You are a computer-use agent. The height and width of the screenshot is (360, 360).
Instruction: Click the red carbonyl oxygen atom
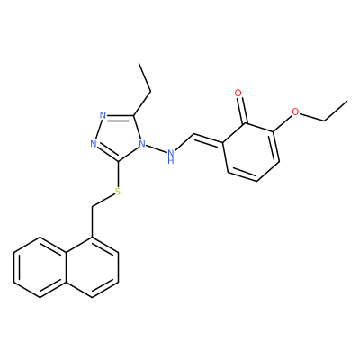point(238,93)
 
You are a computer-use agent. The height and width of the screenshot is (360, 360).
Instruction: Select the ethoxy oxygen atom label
point(295,112)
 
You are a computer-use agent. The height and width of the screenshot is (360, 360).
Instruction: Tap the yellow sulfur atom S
point(118,192)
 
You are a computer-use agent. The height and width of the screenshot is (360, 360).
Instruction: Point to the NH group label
point(171,157)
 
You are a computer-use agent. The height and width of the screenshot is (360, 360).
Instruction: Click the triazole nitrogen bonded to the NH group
point(142,144)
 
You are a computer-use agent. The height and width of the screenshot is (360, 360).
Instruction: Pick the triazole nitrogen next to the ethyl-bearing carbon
point(103,115)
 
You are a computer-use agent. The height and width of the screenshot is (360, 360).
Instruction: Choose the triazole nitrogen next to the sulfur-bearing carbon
point(94,144)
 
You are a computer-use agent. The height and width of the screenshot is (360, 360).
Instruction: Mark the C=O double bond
point(242,110)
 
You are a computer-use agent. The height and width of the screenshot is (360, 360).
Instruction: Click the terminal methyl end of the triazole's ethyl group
point(139,64)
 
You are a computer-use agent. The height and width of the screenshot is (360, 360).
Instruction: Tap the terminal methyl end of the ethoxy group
point(346,102)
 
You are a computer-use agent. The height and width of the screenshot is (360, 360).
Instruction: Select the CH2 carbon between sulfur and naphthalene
point(92,207)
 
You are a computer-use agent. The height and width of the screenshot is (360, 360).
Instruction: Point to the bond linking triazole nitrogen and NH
point(157,149)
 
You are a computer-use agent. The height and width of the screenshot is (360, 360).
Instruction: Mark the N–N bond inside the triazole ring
point(98,130)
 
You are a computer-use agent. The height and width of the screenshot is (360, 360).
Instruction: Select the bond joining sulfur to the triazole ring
point(118,174)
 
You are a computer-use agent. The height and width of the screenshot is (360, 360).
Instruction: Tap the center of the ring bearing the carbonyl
point(250,152)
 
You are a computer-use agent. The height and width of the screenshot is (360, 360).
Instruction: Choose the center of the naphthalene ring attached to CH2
point(92,267)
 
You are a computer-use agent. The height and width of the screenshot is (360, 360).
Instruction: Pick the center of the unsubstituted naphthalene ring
point(40,267)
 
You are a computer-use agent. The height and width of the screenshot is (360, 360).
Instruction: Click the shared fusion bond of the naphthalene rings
point(66,267)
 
